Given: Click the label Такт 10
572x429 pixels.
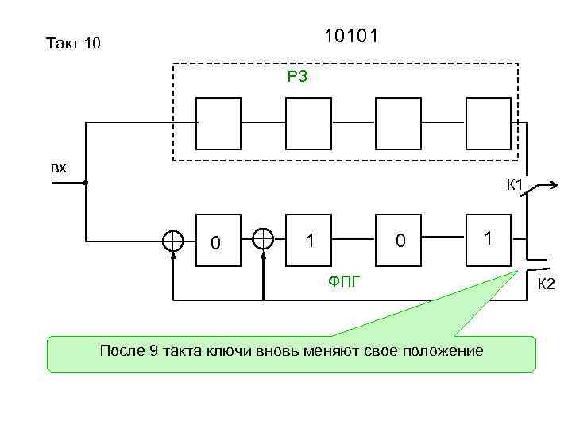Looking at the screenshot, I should pos(74,43).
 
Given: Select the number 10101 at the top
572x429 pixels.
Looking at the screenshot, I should pos(351,37).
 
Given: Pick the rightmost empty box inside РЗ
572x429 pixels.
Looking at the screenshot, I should pos(489,123).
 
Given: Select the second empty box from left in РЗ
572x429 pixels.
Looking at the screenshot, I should pos(307,123).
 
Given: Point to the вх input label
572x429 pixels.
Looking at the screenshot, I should pos(59,168).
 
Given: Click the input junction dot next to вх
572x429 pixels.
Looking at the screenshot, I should pos(86,183).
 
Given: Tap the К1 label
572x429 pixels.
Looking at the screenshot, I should pos(515,186).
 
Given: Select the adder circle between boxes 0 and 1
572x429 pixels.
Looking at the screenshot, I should pos(263,239).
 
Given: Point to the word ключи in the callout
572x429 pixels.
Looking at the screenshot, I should pos(230,351).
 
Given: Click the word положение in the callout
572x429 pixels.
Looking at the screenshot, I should pos(443,351).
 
